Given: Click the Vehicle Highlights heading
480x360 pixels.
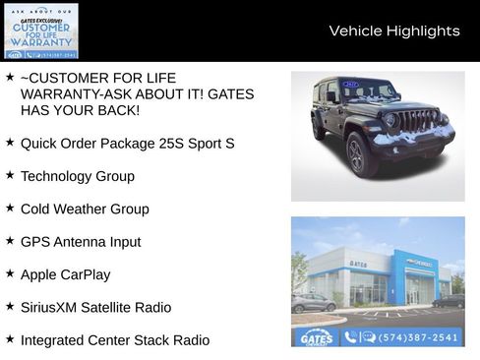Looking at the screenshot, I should [393, 30].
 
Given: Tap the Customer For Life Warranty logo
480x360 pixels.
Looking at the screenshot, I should [40, 31].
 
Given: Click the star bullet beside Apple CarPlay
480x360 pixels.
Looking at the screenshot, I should [10, 273].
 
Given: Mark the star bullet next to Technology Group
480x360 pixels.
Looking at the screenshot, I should [10, 175].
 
